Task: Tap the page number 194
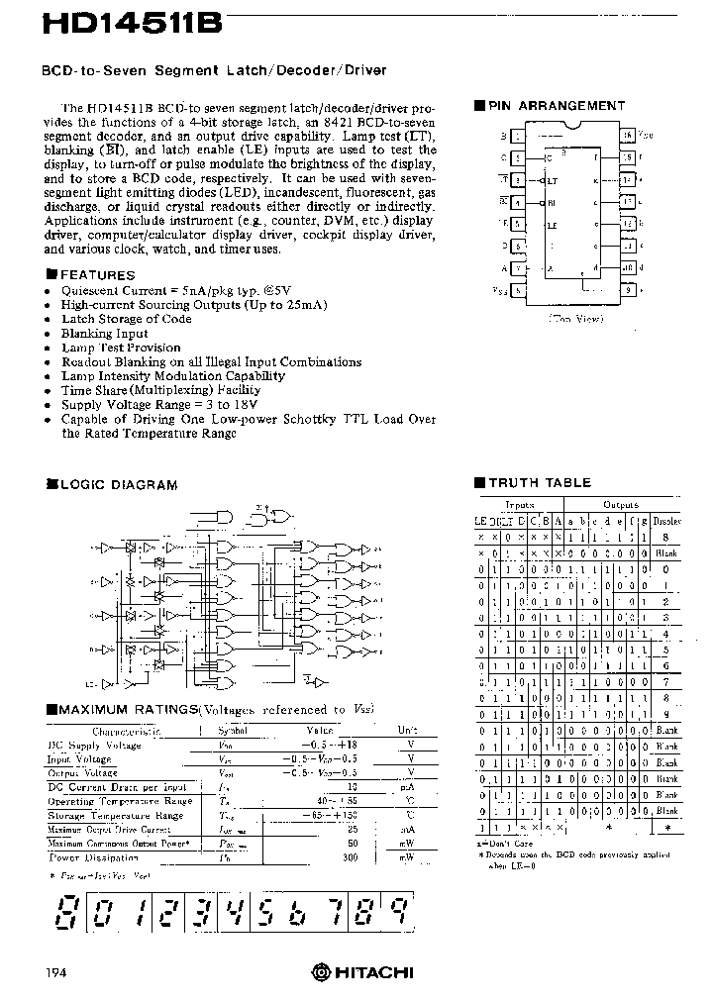click(54, 973)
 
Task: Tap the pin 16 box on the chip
click(627, 135)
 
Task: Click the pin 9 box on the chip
click(627, 290)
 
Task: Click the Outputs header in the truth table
click(621, 504)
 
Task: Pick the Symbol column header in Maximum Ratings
click(233, 730)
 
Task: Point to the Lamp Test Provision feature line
click(121, 348)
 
